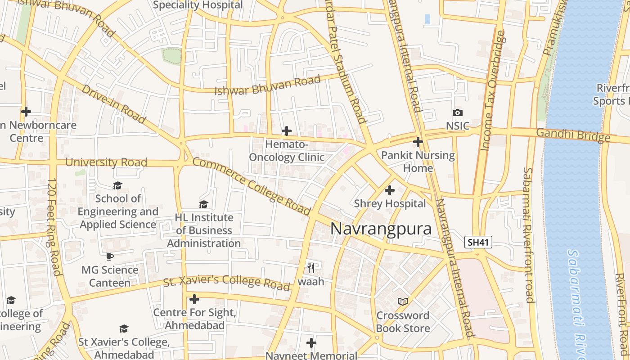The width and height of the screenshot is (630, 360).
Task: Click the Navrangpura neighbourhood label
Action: (x=381, y=229)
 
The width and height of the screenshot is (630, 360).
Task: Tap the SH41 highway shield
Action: (x=478, y=242)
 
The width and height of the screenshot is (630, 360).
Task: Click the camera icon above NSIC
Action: (x=457, y=113)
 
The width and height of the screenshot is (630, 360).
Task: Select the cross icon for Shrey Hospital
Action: (x=390, y=190)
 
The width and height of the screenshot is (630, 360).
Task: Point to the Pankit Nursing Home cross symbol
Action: (x=418, y=142)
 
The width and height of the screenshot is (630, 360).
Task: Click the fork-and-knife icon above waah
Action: (x=310, y=268)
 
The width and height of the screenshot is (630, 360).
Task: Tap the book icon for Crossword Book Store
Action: (x=402, y=301)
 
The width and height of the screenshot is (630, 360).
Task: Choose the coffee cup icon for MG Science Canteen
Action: (x=109, y=257)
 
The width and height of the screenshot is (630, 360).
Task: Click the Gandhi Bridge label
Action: (x=573, y=135)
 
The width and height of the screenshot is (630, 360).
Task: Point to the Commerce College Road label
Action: (x=252, y=186)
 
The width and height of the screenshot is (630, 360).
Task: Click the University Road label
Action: (x=106, y=162)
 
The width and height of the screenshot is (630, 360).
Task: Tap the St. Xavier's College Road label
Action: (x=226, y=282)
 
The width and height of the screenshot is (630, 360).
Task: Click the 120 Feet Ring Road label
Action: (x=54, y=227)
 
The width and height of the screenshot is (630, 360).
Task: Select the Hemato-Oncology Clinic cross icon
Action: (x=286, y=131)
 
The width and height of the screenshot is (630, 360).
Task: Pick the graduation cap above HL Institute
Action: (x=203, y=204)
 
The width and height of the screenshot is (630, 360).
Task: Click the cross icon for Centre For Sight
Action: (x=194, y=299)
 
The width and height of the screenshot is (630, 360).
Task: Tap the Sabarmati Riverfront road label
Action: (x=528, y=235)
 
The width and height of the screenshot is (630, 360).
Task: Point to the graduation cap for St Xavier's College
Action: (x=124, y=329)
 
